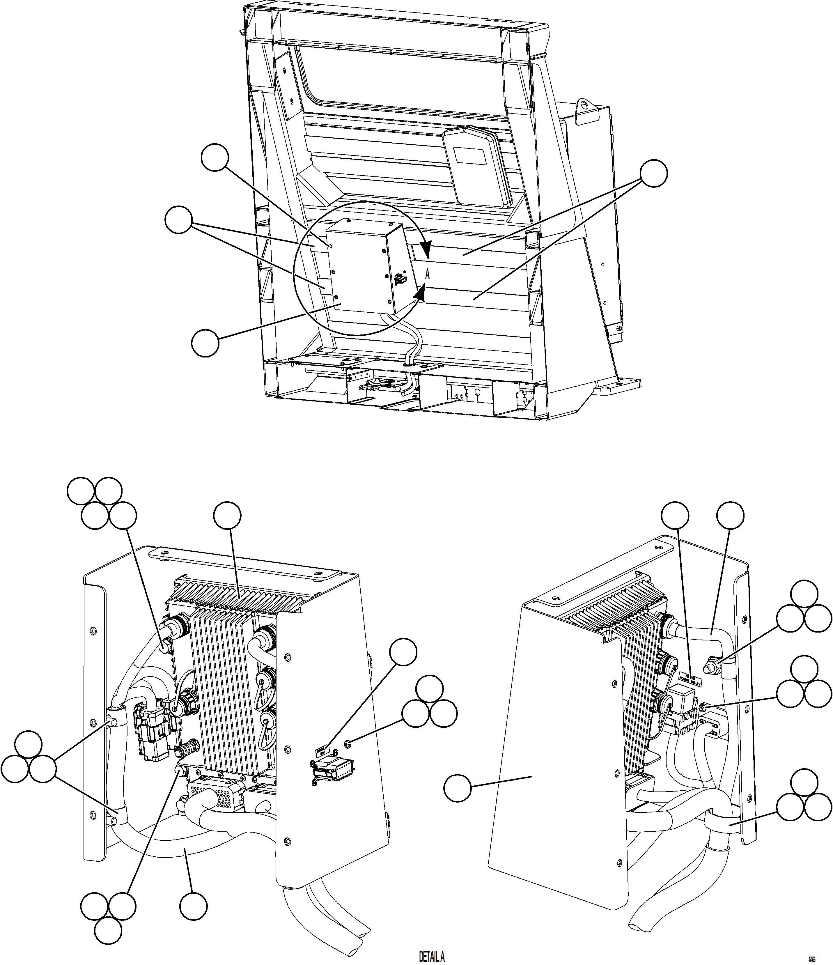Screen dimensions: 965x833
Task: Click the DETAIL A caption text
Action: point(432,957)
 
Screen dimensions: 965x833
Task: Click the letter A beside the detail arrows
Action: point(428,274)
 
